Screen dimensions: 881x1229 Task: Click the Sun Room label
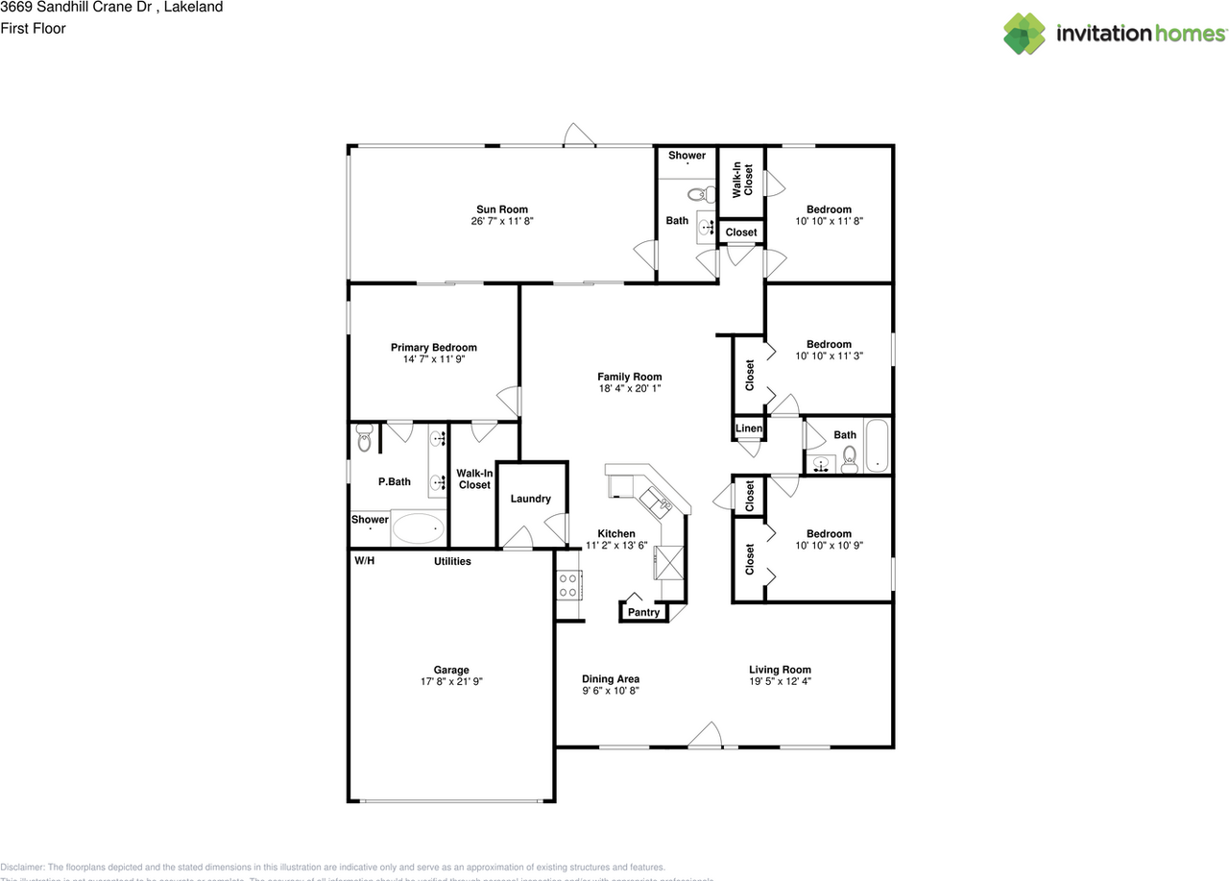[502, 209]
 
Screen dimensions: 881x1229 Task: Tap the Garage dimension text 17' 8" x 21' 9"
[450, 681]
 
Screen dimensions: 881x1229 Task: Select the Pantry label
[643, 612]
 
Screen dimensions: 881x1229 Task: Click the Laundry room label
[530, 499]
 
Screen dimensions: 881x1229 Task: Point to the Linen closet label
[749, 428]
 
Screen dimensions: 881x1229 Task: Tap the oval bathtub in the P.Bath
[419, 528]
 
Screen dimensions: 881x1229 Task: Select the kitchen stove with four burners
[567, 584]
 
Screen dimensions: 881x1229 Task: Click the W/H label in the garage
[364, 560]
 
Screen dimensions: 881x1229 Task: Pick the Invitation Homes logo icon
[1024, 34]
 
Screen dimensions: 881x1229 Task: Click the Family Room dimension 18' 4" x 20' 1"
[629, 389]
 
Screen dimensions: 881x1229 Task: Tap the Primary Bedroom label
[433, 348]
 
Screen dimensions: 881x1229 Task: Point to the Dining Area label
[611, 679]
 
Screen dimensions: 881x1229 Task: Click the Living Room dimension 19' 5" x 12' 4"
[780, 681]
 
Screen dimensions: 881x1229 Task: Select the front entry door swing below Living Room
[706, 735]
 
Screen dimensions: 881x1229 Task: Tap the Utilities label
[452, 561]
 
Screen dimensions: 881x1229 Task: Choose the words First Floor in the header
[34, 29]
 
